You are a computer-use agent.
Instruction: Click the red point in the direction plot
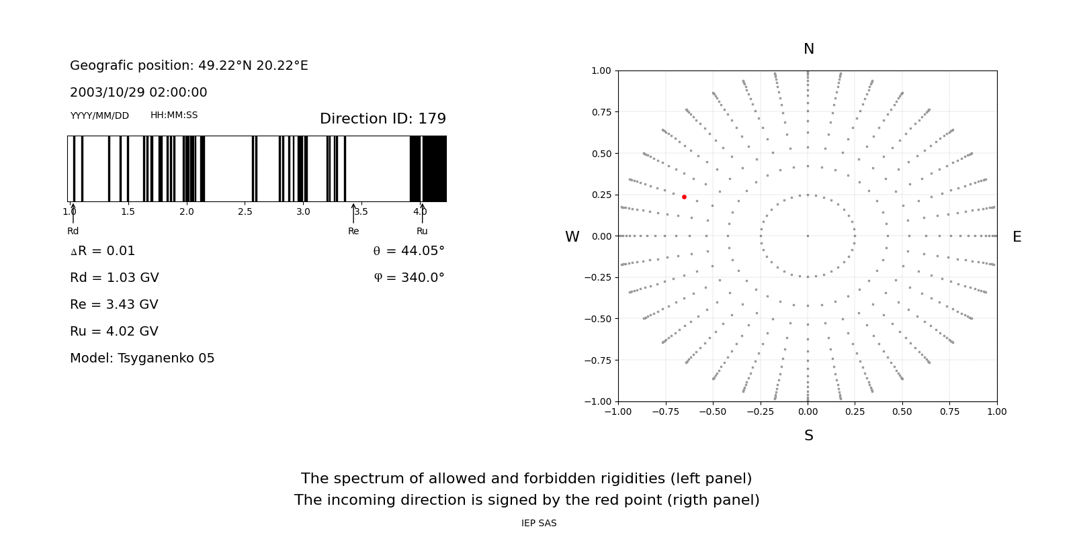pyautogui.click(x=684, y=197)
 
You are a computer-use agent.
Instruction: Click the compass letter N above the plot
pyautogui.click(x=808, y=49)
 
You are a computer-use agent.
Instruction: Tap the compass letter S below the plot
pyautogui.click(x=808, y=436)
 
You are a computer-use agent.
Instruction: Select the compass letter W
pyautogui.click(x=572, y=237)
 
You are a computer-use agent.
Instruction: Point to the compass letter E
pyautogui.click(x=1017, y=237)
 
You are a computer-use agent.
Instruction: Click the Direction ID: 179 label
pyautogui.click(x=382, y=119)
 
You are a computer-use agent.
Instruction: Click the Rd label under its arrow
pyautogui.click(x=73, y=232)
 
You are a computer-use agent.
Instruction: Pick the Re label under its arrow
pyautogui.click(x=353, y=232)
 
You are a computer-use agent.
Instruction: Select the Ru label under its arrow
pyautogui.click(x=422, y=232)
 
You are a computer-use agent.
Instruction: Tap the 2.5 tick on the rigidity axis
pyautogui.click(x=245, y=212)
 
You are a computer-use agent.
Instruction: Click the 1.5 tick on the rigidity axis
pyautogui.click(x=128, y=212)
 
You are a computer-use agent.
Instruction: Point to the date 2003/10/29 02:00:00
pyautogui.click(x=138, y=93)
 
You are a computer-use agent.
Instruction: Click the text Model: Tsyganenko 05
pyautogui.click(x=142, y=358)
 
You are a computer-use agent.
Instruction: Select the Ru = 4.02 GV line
pyautogui.click(x=114, y=332)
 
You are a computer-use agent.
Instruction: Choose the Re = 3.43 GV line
pyautogui.click(x=114, y=305)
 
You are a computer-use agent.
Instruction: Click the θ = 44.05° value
pyautogui.click(x=408, y=251)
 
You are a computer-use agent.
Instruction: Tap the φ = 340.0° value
pyautogui.click(x=409, y=278)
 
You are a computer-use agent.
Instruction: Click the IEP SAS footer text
pyautogui.click(x=539, y=524)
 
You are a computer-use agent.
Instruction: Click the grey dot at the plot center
pyautogui.click(x=808, y=236)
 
